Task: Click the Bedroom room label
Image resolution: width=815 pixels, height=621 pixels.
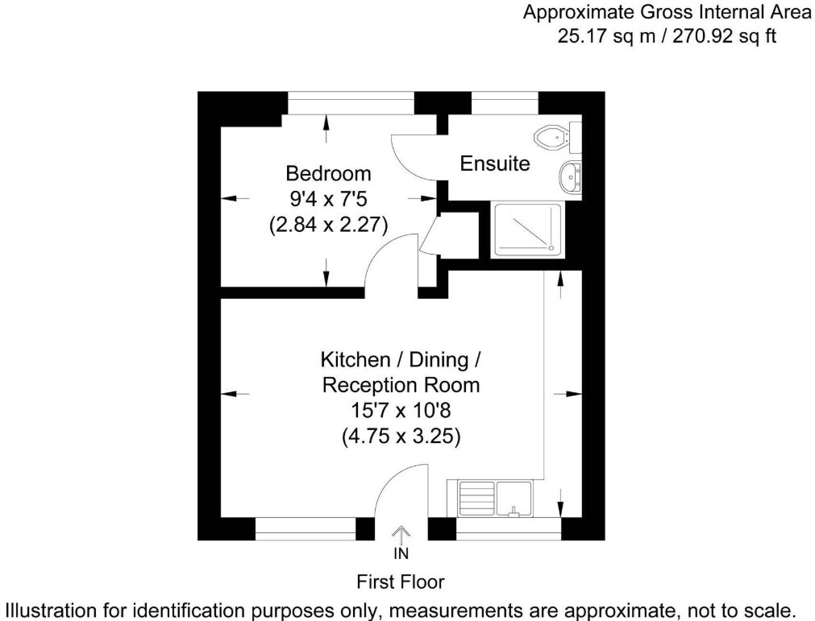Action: click(328, 173)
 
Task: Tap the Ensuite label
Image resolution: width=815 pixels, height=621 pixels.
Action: click(494, 164)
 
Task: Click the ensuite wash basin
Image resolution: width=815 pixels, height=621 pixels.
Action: click(571, 177)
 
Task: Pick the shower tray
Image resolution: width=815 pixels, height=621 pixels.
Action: click(528, 230)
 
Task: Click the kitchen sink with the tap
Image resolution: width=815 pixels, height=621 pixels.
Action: click(514, 499)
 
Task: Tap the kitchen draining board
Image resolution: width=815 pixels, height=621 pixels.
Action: click(476, 499)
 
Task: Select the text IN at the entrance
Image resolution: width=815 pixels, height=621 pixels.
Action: click(401, 554)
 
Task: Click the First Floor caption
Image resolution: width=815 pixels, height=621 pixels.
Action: click(400, 582)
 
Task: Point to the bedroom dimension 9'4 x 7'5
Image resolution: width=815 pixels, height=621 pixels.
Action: click(328, 199)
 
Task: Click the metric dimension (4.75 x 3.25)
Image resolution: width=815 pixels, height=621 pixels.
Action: click(401, 436)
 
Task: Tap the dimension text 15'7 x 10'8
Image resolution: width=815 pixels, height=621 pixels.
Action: click(401, 410)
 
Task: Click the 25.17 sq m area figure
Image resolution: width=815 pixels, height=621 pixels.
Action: click(606, 36)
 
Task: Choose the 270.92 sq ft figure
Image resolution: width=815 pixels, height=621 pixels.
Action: click(725, 36)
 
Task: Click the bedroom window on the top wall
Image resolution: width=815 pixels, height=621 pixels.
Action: click(351, 103)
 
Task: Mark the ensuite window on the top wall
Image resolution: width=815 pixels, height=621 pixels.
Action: click(505, 103)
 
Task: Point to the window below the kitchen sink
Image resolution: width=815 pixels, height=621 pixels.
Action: click(509, 528)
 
